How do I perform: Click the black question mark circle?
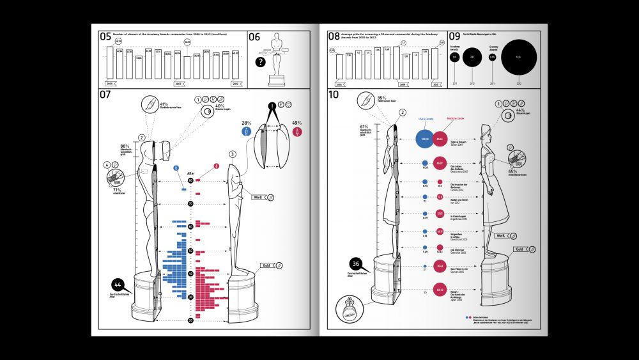pyautogui.click(x=260, y=62)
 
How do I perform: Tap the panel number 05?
pyautogui.click(x=105, y=37)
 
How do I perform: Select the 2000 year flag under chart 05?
pyautogui.click(x=109, y=83)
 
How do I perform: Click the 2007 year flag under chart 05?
pyautogui.click(x=180, y=83)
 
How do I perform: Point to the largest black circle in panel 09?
pyautogui.click(x=518, y=58)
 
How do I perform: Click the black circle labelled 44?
pyautogui.click(x=118, y=284)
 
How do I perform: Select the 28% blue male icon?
pyautogui.click(x=245, y=130)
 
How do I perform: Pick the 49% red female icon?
pyautogui.click(x=296, y=130)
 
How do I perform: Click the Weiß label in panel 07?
pyautogui.click(x=259, y=198)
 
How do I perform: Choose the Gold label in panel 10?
pyautogui.click(x=520, y=249)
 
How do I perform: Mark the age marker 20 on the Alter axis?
pyautogui.click(x=190, y=319)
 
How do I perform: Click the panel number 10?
pyautogui.click(x=333, y=96)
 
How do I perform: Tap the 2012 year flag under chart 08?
pyautogui.click(x=436, y=83)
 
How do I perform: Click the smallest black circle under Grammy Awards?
pyautogui.click(x=492, y=58)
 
